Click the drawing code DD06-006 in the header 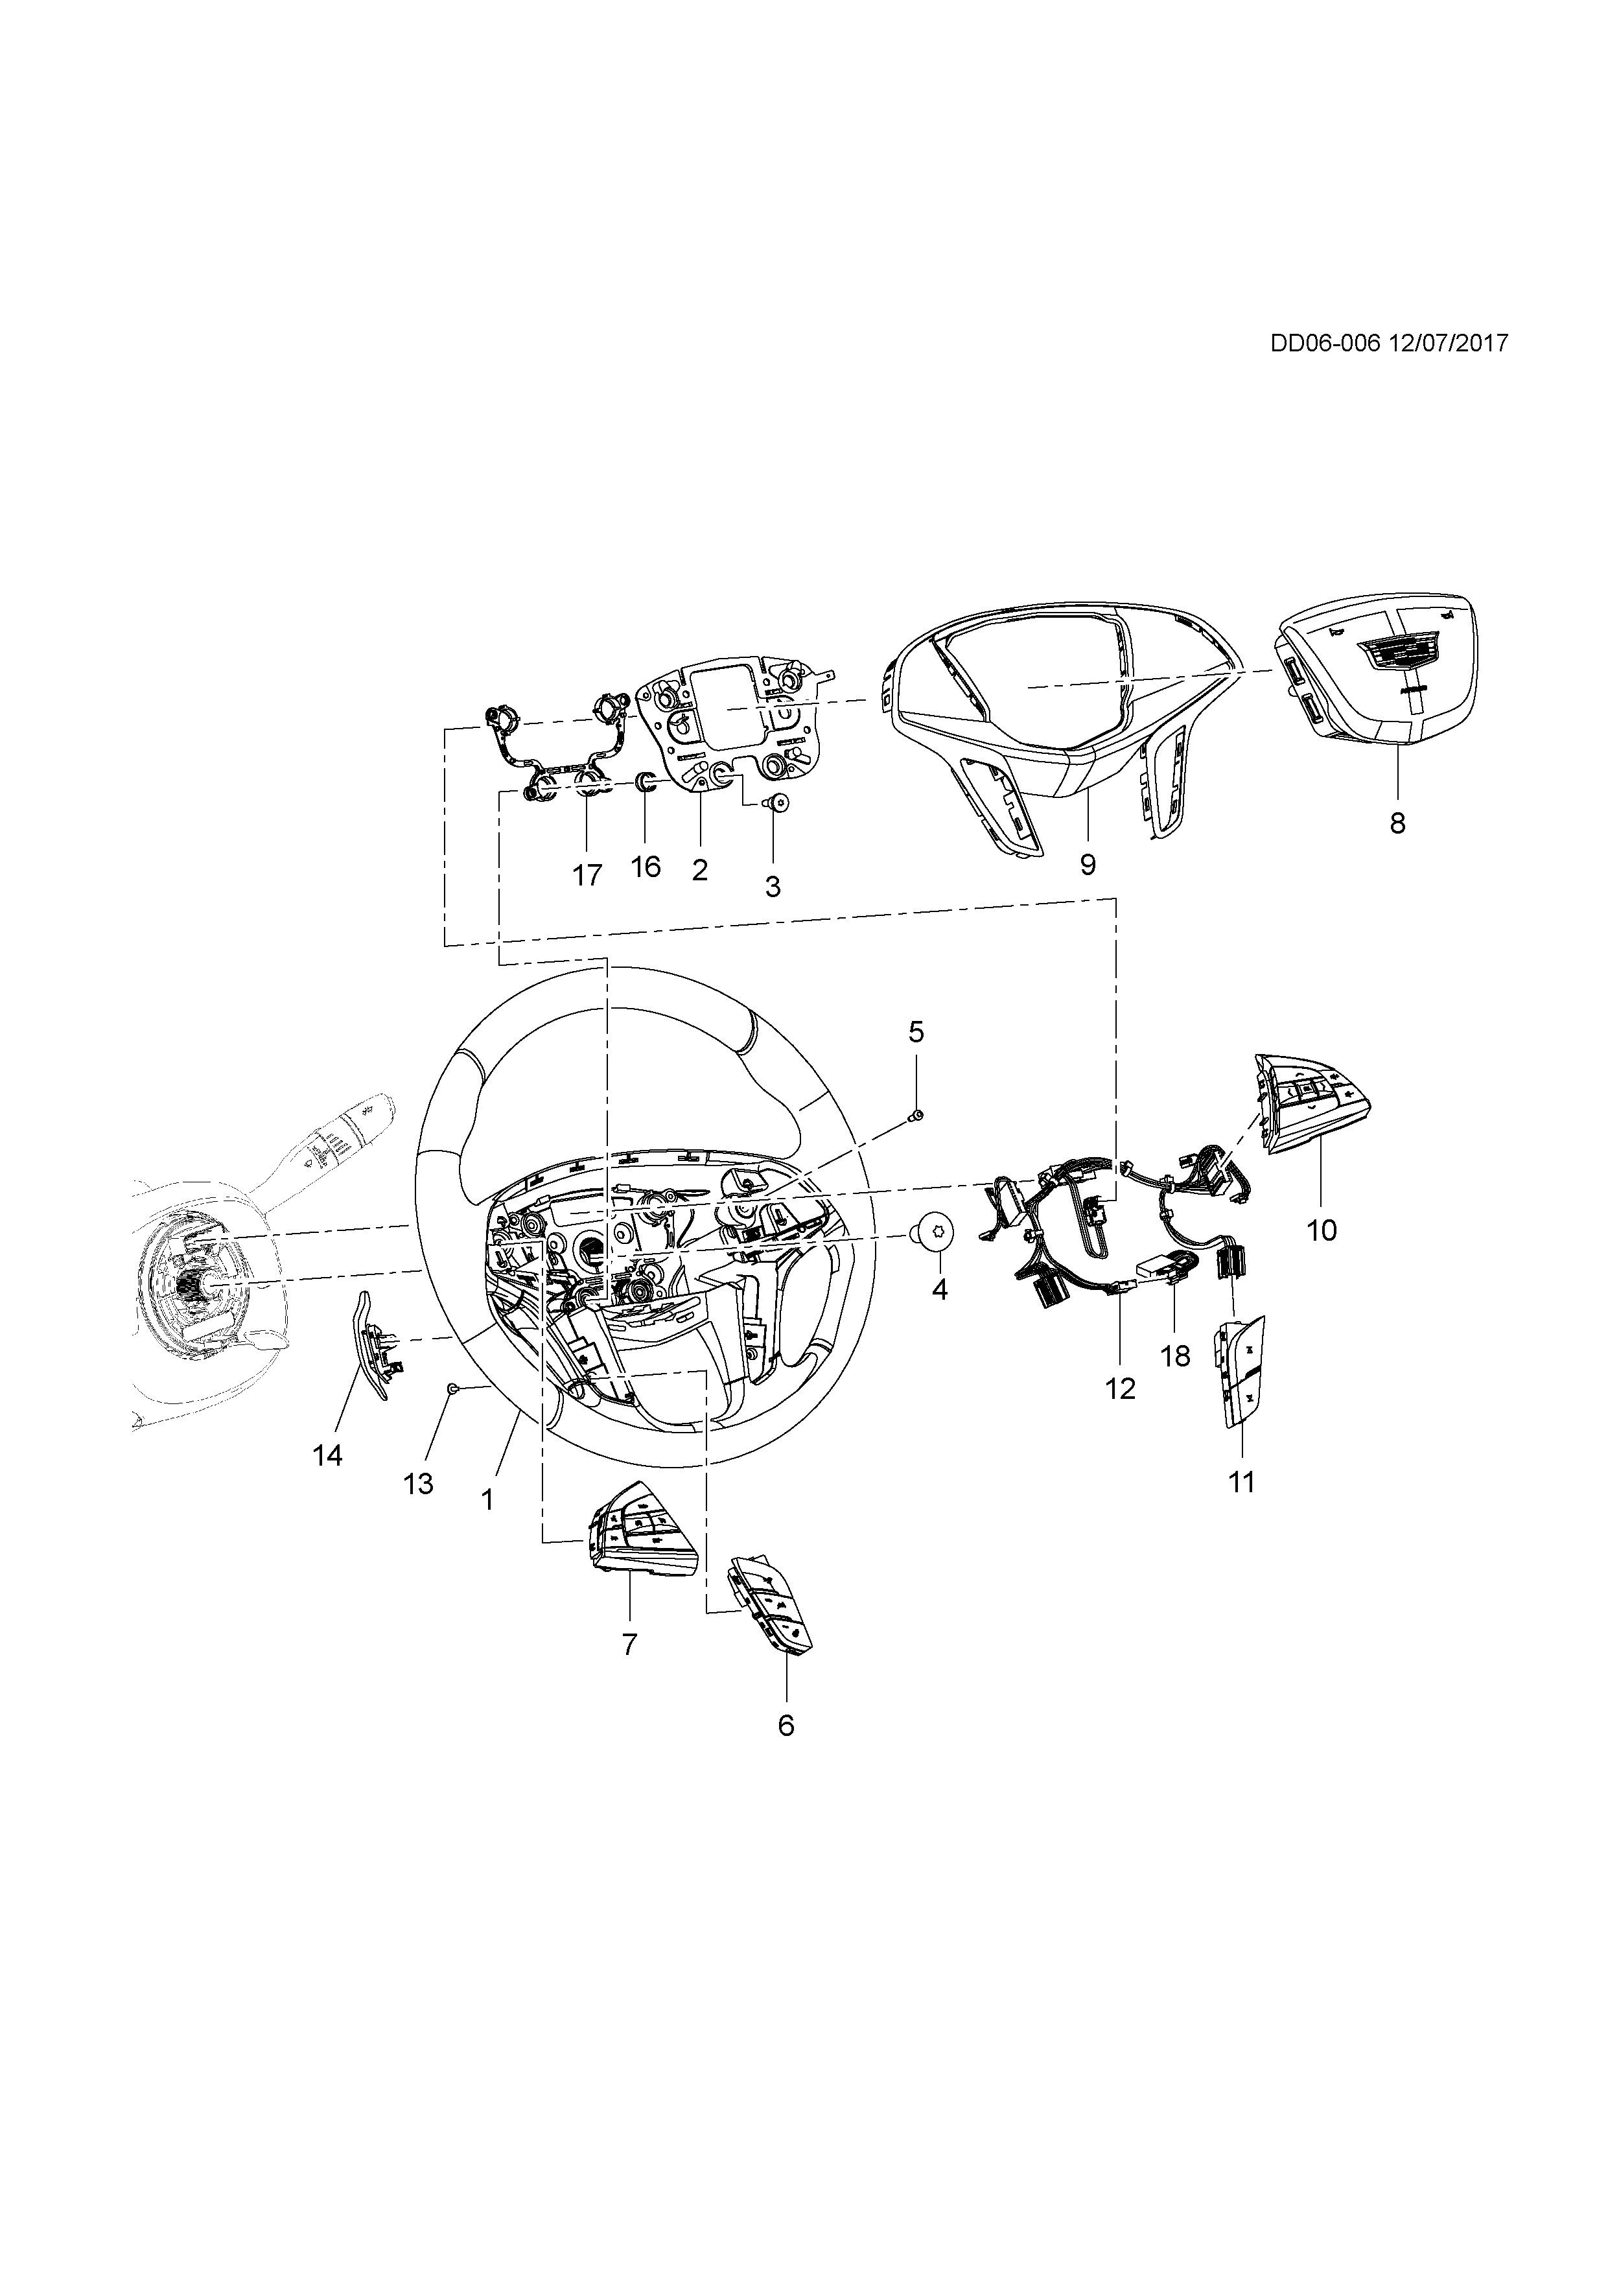point(1326,343)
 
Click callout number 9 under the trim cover point(1088,865)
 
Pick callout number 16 point(646,867)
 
